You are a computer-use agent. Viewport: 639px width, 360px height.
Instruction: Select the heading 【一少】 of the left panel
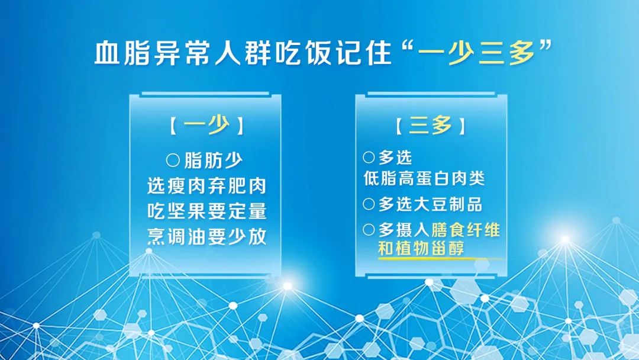tap(206, 125)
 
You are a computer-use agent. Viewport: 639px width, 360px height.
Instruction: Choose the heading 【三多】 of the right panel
tap(430, 125)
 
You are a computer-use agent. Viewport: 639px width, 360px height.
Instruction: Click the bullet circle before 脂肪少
tap(173, 160)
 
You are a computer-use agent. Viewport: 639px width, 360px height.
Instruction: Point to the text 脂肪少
tap(214, 160)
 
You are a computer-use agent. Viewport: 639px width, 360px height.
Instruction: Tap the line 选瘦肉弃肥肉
tap(206, 186)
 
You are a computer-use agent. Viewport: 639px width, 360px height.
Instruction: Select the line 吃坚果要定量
tap(206, 211)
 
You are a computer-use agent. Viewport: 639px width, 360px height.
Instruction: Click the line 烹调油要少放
tap(206, 236)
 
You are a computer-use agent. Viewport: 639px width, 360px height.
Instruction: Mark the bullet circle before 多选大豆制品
tap(369, 204)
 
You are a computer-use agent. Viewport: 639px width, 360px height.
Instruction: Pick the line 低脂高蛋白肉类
tap(424, 178)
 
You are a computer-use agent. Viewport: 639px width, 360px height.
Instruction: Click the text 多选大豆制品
tap(430, 204)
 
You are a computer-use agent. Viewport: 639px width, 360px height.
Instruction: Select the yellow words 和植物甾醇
tap(421, 247)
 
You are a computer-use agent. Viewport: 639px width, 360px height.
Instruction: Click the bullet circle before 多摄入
tap(369, 230)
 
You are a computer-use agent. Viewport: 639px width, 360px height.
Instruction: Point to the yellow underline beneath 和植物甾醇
tap(441, 259)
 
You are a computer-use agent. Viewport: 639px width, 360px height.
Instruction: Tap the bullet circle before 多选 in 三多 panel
tap(369, 157)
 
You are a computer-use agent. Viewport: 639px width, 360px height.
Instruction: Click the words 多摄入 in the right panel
tap(404, 230)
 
